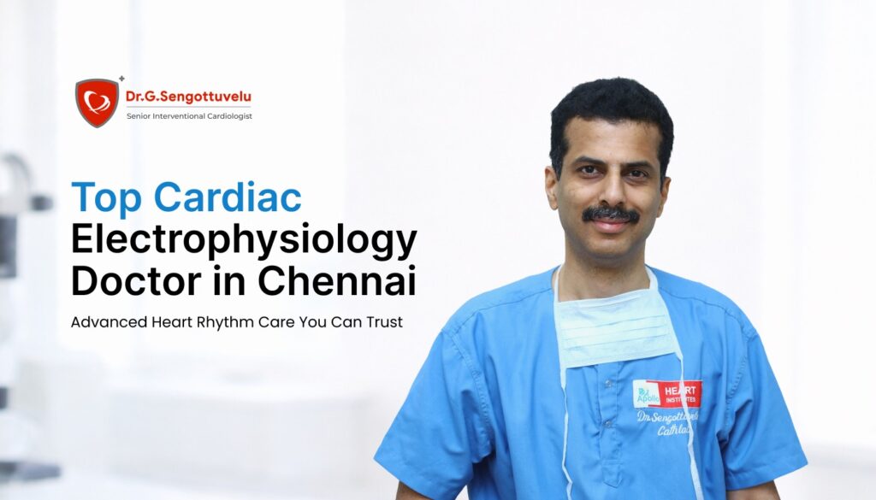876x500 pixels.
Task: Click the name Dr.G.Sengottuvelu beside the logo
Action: (188, 97)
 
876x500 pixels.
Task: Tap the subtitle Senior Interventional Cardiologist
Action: (188, 115)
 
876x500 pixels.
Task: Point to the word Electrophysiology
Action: (244, 240)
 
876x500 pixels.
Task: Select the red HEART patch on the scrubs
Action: (679, 392)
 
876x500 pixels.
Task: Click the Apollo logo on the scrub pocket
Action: (646, 394)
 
